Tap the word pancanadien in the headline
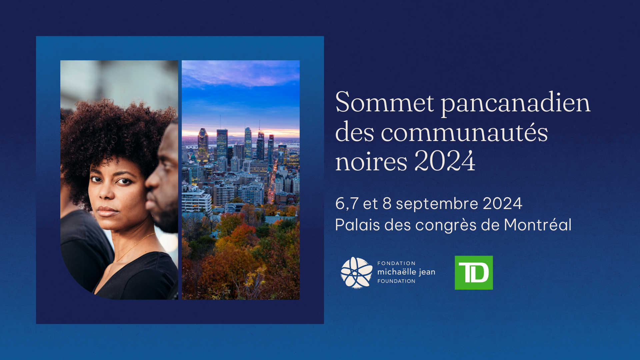(516, 103)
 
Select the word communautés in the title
(464, 132)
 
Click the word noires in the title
(371, 162)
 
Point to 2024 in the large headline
(445, 161)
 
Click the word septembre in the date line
(437, 204)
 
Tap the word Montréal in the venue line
(538, 224)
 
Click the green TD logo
(474, 273)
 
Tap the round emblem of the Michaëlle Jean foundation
(356, 273)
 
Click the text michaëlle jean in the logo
(406, 272)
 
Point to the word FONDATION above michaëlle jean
(396, 263)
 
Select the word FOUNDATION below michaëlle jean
(396, 281)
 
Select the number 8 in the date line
(387, 203)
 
